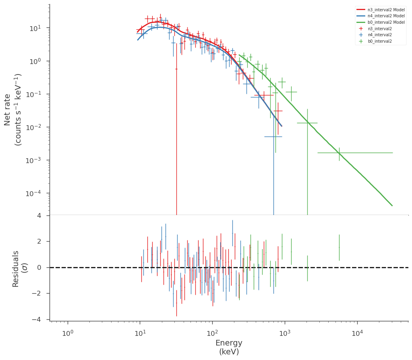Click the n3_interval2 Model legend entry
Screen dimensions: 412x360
point(381,10)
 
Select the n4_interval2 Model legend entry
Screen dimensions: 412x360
point(381,16)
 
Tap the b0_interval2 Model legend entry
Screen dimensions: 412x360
point(381,22)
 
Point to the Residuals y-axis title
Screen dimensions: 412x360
point(20,269)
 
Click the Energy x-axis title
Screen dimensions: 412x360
point(229,347)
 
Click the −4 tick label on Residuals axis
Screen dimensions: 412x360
point(36,320)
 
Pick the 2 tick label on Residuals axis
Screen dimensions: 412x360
point(39,241)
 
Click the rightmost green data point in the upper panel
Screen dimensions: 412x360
point(339,153)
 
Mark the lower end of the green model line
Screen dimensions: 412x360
point(392,205)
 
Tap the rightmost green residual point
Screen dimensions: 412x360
point(339,247)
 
